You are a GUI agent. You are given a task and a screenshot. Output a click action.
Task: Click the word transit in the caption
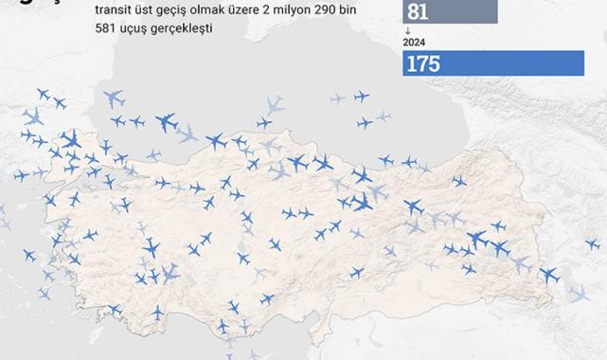click(x=115, y=10)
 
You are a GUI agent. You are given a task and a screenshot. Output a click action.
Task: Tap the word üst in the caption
click(x=148, y=10)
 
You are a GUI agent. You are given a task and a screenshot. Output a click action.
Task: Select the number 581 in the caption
click(x=107, y=28)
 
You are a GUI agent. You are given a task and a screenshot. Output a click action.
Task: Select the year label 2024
click(x=414, y=43)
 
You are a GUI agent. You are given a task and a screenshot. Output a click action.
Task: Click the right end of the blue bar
click(x=580, y=63)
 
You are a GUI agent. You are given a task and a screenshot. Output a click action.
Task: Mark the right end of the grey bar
click(x=495, y=11)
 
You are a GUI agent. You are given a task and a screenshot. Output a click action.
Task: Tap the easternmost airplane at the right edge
click(x=593, y=244)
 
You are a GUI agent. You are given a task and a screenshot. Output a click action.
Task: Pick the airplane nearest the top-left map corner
click(x=43, y=94)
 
